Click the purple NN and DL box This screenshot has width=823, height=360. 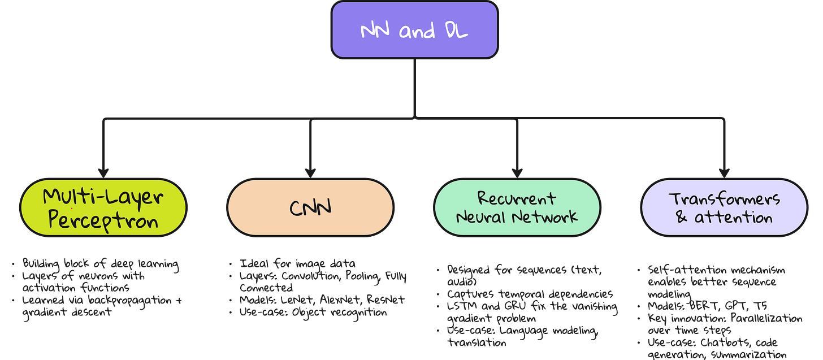click(x=415, y=31)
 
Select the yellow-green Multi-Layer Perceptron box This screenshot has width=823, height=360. click(x=103, y=208)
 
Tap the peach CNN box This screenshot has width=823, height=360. click(x=310, y=208)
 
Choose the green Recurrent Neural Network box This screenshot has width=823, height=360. click(x=517, y=208)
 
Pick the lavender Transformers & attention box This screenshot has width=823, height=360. click(x=724, y=208)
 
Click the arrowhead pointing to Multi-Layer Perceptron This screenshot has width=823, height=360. click(x=103, y=172)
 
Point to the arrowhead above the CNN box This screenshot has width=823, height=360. click(x=310, y=172)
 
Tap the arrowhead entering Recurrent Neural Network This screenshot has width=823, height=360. click(x=517, y=172)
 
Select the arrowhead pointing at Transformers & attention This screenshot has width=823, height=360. click(x=724, y=172)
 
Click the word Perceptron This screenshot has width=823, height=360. click(x=103, y=220)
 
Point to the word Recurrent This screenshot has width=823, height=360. click(x=517, y=198)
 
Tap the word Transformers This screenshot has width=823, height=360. click(x=724, y=199)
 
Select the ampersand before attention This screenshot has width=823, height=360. click(x=682, y=218)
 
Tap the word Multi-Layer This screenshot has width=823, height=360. click(x=103, y=197)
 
